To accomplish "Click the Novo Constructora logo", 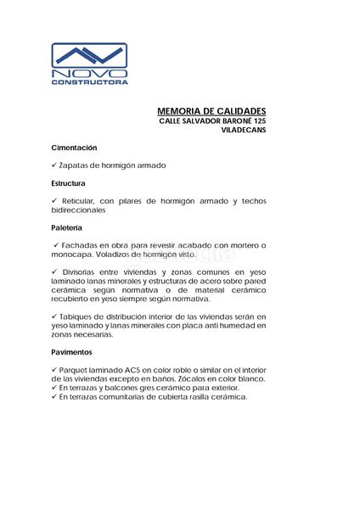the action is [89, 64].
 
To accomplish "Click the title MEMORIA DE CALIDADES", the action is [212, 111].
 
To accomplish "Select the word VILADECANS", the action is [244, 132].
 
